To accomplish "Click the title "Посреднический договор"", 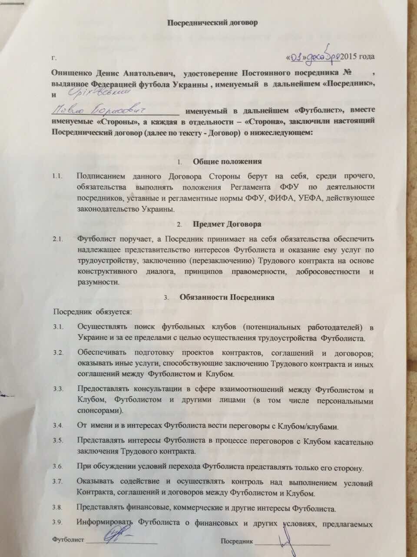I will coord(213,23).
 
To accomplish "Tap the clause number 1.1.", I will coord(58,177).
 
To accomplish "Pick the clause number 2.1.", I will coord(58,239).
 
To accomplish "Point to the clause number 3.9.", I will coord(58,523).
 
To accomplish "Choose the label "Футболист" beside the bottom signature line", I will coord(68,540).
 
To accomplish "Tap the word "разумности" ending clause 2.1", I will coord(98,282).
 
